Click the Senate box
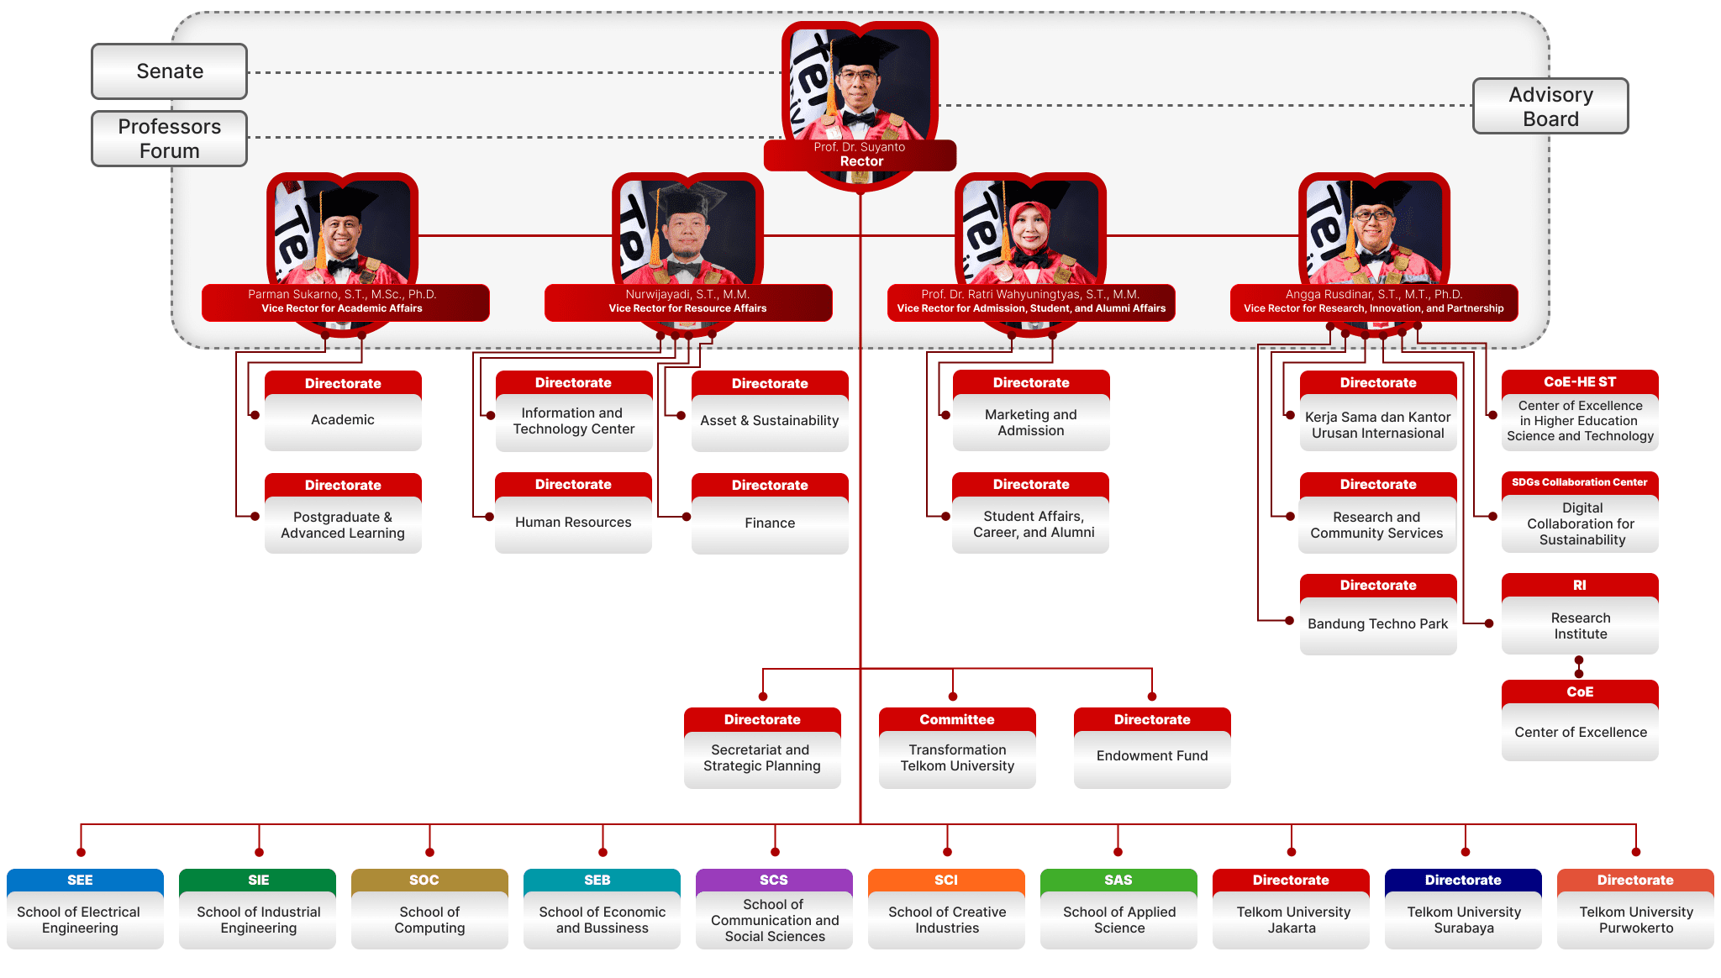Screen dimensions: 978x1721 click(x=169, y=71)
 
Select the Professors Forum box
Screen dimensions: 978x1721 click(x=169, y=139)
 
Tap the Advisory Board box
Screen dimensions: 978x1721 click(x=1550, y=107)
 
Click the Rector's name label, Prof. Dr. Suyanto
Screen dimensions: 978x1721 click(x=860, y=148)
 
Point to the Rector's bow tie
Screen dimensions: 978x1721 click(x=859, y=118)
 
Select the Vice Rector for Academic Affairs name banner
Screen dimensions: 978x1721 click(x=345, y=302)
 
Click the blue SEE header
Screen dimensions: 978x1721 click(x=81, y=881)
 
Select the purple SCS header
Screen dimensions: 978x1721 click(x=774, y=881)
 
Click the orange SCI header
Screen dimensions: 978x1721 click(x=946, y=881)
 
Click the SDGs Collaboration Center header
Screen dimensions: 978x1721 click(x=1580, y=483)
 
